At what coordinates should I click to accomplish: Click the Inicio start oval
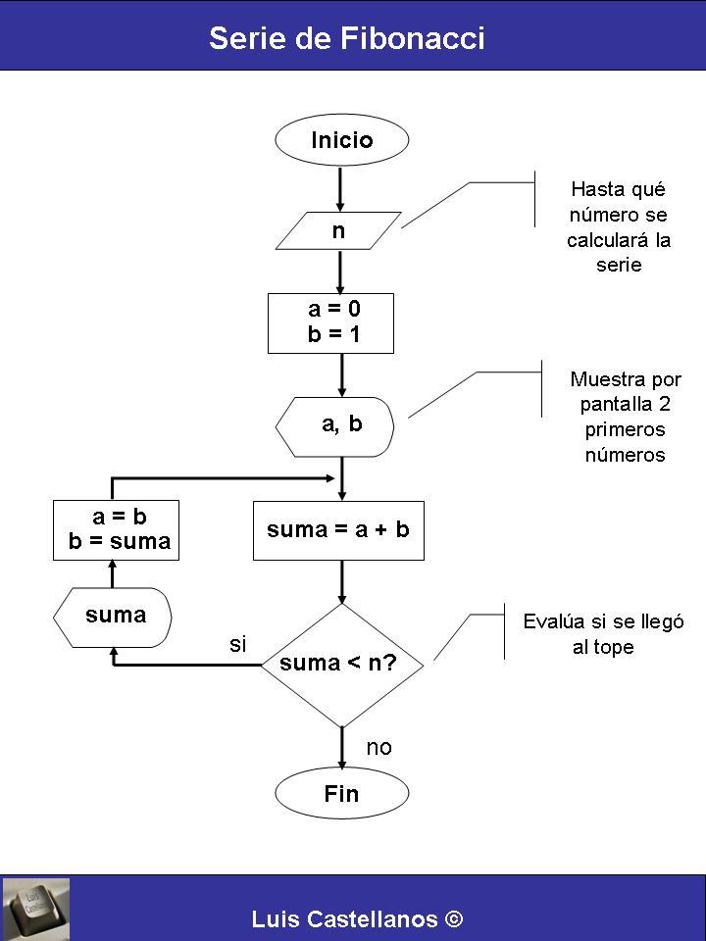(341, 140)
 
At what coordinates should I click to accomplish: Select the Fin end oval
(341, 794)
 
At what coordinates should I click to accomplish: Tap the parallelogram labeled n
(339, 231)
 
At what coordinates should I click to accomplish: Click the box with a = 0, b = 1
(331, 322)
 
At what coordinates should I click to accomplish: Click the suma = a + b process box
(338, 530)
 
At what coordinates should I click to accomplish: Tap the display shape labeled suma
(114, 616)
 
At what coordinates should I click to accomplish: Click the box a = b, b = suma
(117, 529)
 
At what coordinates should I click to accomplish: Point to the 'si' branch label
(238, 644)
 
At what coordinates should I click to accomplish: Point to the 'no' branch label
(379, 748)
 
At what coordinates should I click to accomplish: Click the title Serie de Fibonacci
(347, 38)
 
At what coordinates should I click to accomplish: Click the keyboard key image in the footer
(35, 909)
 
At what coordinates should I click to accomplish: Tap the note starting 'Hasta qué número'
(619, 226)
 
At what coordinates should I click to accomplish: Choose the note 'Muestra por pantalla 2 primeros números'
(625, 417)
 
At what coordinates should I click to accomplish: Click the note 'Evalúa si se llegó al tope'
(603, 634)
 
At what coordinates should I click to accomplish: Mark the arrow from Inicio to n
(340, 188)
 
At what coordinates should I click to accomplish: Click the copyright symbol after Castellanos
(453, 918)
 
